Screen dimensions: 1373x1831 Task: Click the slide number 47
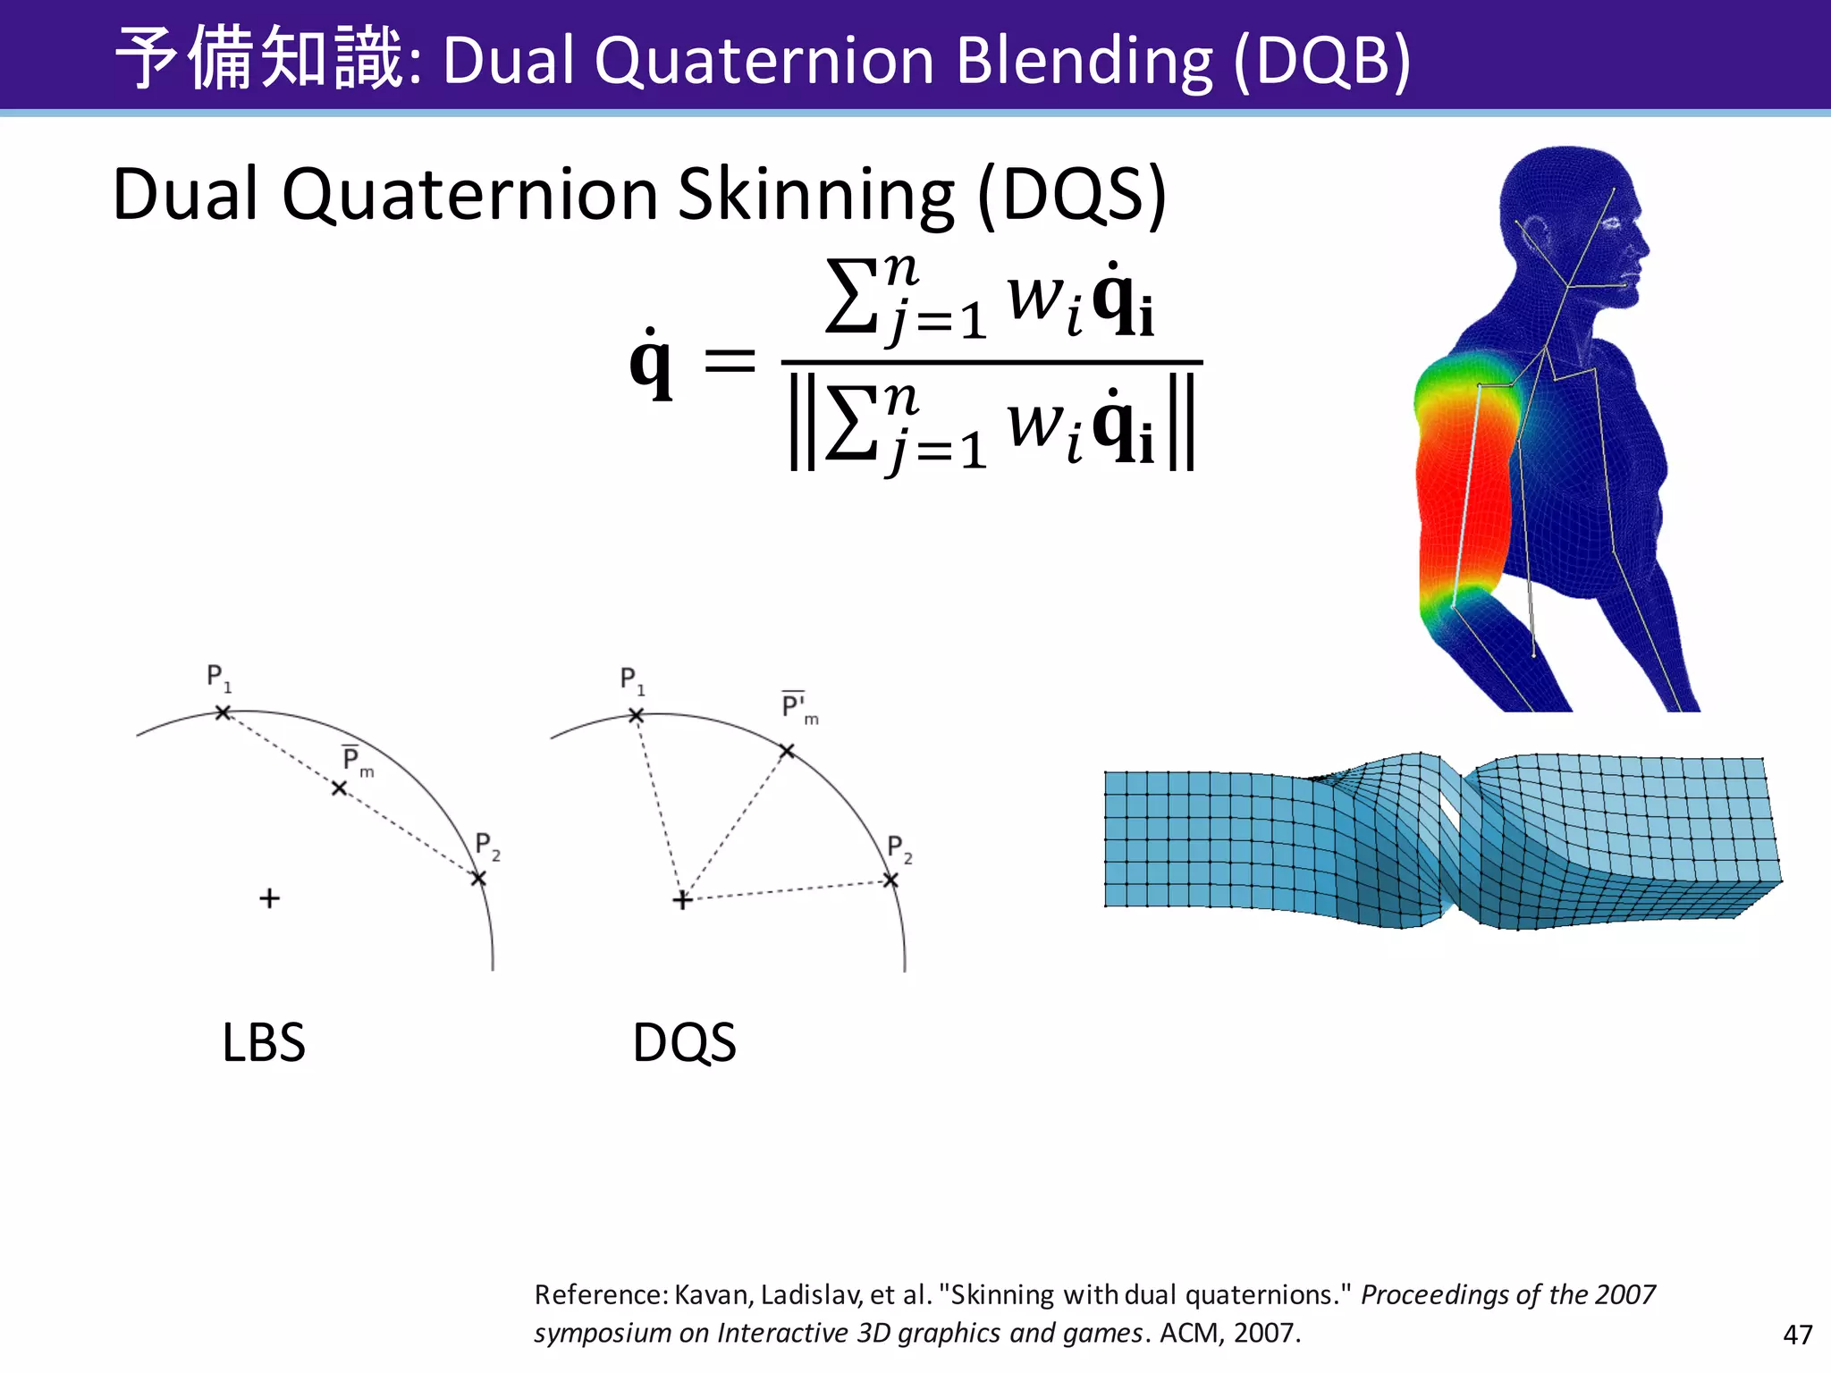pos(1797,1335)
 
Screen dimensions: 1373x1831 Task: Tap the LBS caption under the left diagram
pos(264,1042)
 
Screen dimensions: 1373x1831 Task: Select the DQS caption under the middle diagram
pos(684,1042)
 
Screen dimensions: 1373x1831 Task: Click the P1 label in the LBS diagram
pos(218,678)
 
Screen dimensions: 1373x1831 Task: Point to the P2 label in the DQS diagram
pos(899,848)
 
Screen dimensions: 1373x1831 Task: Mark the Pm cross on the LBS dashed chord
pos(339,788)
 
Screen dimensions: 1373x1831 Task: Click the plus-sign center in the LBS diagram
pos(269,898)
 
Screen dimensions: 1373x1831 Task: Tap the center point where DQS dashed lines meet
pos(682,900)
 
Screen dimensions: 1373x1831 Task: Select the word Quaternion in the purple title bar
pos(764,61)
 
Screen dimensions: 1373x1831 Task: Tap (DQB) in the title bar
pos(1321,61)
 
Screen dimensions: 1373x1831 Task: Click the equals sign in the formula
pos(730,362)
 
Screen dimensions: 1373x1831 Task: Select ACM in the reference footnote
pos(1190,1333)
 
